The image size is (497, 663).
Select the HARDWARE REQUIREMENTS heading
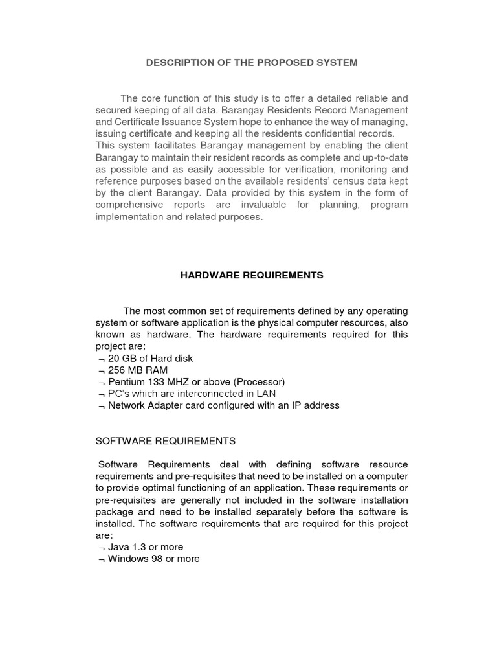tap(251, 275)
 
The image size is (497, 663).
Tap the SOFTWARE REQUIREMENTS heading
tap(166, 441)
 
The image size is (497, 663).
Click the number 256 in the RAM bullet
tap(117, 370)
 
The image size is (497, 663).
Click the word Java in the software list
tap(118, 547)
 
